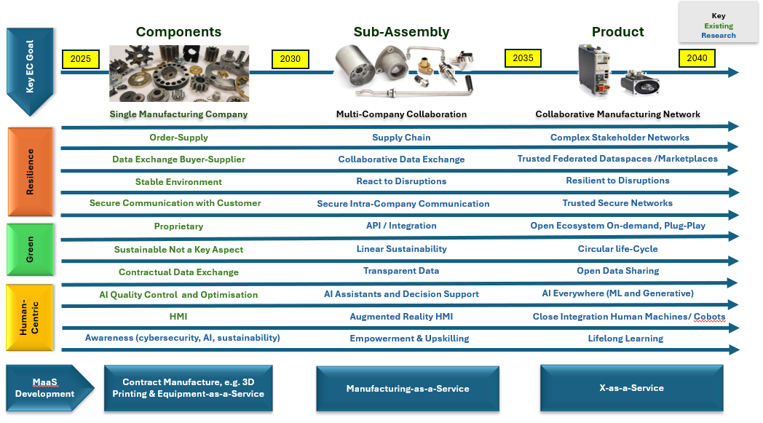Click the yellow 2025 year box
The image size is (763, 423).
coord(81,59)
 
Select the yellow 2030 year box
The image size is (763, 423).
coord(290,59)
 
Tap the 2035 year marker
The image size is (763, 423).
coord(523,58)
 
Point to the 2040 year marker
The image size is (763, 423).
coord(697,58)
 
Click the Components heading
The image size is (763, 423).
coord(178,31)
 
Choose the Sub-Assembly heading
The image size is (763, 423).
coord(401,31)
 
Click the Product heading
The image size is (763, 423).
coord(617,31)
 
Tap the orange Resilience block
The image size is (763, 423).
coord(30,172)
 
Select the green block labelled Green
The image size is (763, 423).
coord(30,250)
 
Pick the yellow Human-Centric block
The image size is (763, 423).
coord(30,317)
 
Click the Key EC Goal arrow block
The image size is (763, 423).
coord(30,71)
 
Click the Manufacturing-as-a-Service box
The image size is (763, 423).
coord(408,389)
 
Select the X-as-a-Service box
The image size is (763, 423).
coord(632,388)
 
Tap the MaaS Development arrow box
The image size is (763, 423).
coord(50,388)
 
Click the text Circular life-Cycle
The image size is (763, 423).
coord(617,249)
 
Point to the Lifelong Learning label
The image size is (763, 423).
coord(625,339)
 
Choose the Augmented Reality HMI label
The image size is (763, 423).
coord(401,317)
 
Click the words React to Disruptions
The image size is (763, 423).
coord(401,181)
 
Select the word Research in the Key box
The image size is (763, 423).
coord(719,35)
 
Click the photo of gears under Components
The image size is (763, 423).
coord(179,73)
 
